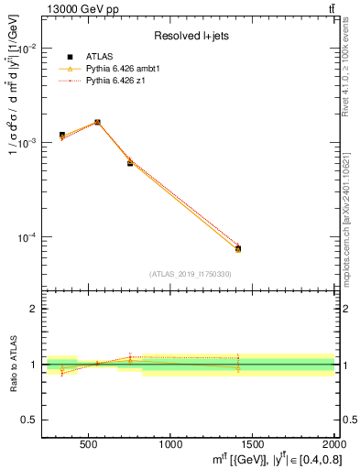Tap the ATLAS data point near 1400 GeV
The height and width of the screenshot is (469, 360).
coord(237,248)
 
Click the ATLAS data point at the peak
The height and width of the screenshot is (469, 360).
coord(97,122)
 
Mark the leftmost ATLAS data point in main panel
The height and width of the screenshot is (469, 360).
coord(62,136)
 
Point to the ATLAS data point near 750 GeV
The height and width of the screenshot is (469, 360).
coord(130,163)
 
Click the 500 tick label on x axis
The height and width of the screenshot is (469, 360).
coord(89,444)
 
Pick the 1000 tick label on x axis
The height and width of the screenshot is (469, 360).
coord(170,444)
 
